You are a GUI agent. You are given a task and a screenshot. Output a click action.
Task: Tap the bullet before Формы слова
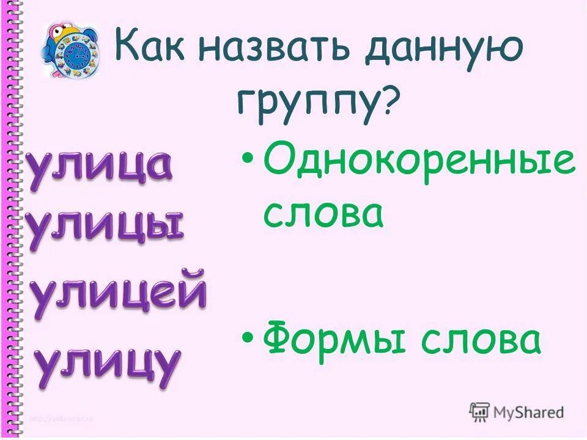[x=247, y=338]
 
